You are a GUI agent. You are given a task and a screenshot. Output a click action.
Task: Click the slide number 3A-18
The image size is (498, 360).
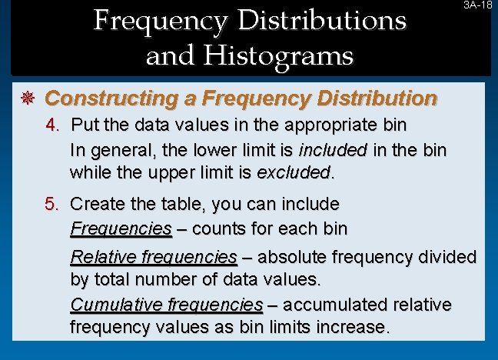point(477,5)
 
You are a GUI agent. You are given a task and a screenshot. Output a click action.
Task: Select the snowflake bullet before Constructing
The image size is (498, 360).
point(30,98)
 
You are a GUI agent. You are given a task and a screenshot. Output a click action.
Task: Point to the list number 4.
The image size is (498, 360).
point(51,125)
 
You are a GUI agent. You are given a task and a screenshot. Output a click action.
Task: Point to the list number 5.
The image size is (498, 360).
point(51,205)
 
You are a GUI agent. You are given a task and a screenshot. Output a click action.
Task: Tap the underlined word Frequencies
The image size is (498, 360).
point(121,228)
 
